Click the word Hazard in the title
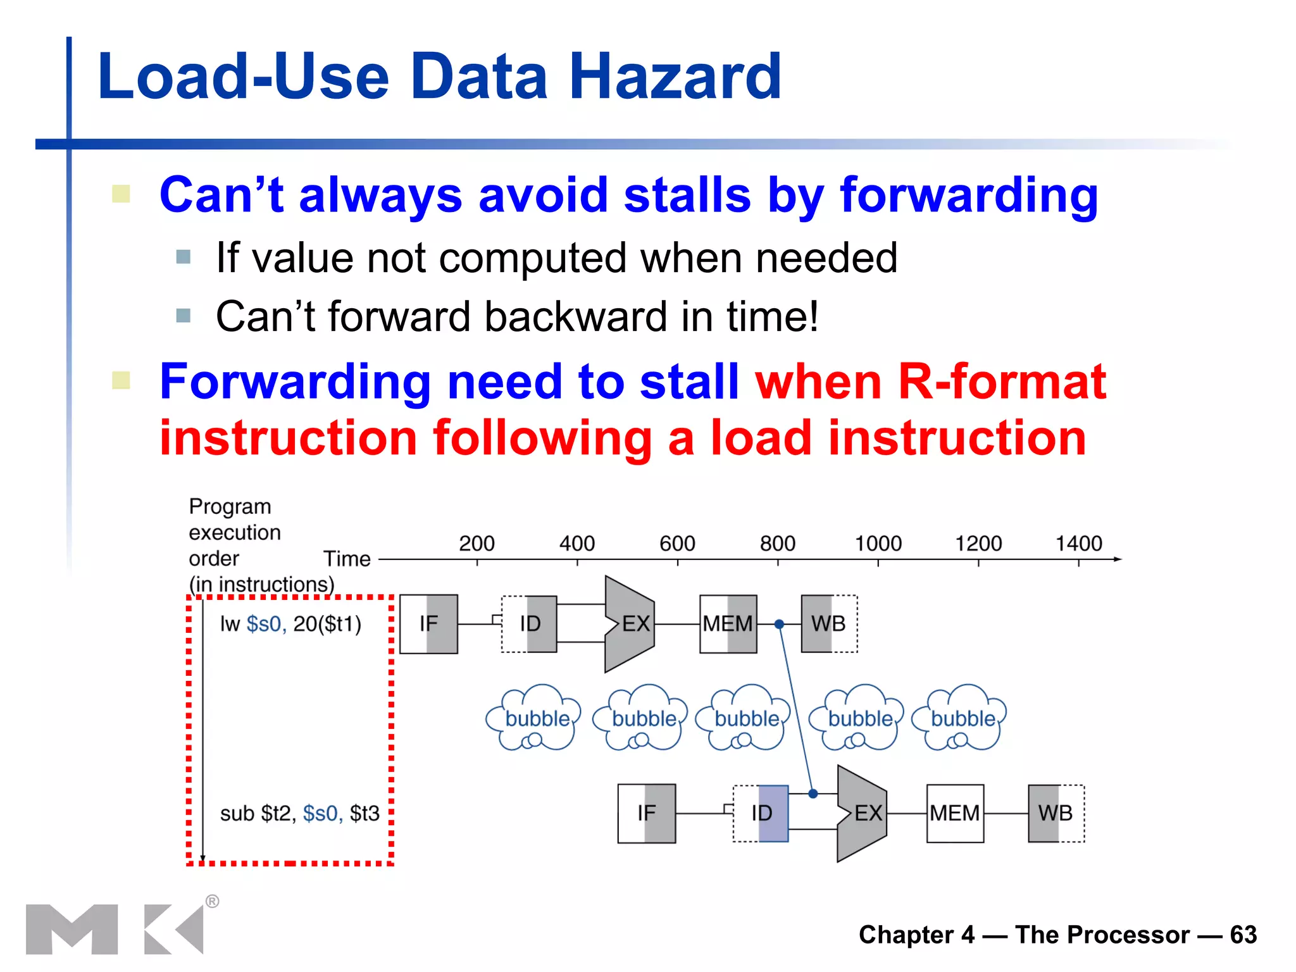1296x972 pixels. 675,77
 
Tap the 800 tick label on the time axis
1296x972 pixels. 777,543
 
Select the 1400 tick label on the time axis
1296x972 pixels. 1078,543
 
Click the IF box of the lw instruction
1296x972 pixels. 428,624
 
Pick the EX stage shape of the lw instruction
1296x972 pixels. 630,624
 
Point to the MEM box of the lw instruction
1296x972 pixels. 728,624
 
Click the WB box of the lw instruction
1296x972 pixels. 829,624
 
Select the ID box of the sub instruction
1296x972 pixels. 761,813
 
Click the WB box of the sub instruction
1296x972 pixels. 1056,813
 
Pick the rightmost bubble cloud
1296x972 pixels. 961,718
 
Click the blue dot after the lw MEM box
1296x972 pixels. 780,625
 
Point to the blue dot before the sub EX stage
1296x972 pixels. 813,794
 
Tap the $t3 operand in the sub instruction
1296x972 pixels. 364,813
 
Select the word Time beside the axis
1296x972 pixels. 347,559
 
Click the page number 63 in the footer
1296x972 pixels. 1243,935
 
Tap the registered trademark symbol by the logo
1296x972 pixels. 213,901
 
